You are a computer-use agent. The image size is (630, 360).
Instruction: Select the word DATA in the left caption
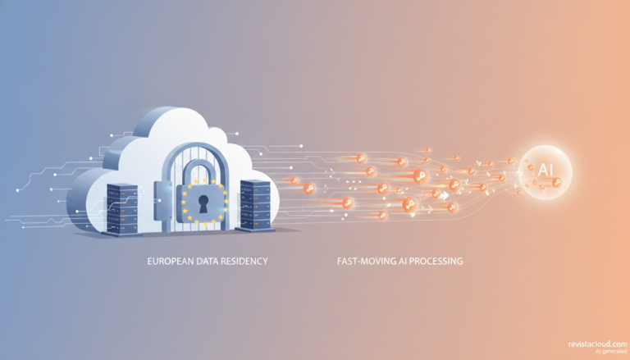tap(206, 261)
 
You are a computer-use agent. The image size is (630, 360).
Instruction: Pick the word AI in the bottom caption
tap(403, 261)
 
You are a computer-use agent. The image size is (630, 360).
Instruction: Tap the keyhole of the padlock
tap(203, 204)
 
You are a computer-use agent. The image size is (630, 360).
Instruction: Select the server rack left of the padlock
tap(121, 208)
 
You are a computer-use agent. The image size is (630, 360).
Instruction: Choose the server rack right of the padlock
tap(255, 205)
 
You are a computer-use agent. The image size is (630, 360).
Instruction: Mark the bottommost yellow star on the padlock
tap(204, 224)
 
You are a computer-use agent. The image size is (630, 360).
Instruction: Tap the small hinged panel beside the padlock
tap(162, 201)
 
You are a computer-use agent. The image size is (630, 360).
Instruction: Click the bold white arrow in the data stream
tap(445, 196)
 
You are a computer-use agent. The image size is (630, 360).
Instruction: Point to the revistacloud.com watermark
tap(597, 344)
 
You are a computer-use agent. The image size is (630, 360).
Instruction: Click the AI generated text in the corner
tap(610, 352)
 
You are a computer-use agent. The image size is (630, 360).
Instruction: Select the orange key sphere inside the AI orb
tap(556, 183)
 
